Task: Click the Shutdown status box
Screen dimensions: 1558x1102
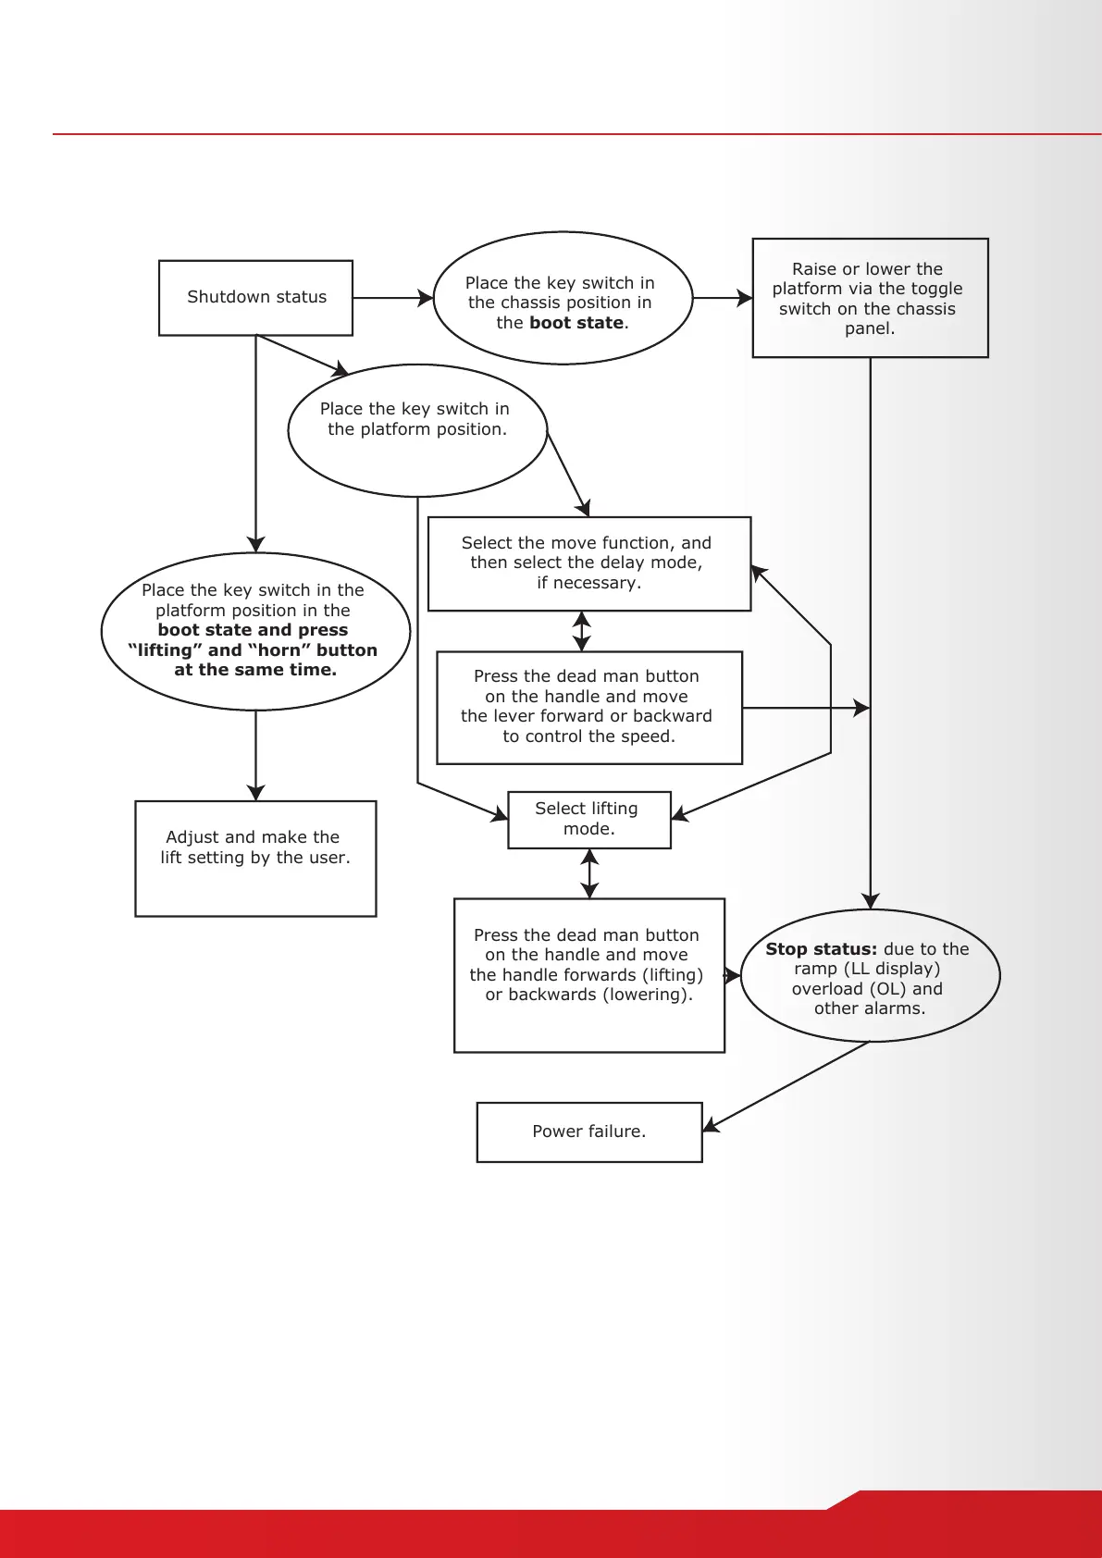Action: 255,297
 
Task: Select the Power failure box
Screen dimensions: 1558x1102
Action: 589,1131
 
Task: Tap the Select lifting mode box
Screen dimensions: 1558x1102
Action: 588,819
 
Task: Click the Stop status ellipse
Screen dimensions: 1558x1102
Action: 870,976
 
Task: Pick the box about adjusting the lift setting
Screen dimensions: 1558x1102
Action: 255,858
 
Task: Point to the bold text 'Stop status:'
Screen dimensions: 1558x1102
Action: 821,948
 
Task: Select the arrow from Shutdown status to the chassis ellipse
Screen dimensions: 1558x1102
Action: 392,298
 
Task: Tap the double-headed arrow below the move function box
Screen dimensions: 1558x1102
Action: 581,631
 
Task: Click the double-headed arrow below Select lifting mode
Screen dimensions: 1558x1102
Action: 589,873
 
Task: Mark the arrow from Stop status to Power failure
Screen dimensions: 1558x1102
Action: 786,1086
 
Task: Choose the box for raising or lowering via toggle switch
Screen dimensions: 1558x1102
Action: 870,298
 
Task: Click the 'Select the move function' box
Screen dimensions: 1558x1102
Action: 588,563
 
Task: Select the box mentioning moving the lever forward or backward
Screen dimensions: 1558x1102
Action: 588,707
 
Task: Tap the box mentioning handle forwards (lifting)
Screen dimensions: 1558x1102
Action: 588,974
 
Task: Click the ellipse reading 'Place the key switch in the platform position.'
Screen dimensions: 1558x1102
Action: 417,430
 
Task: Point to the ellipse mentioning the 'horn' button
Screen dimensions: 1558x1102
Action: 255,631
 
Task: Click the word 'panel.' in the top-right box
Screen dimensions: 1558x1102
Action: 870,328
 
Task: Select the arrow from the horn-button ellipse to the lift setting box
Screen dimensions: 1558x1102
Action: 255,755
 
